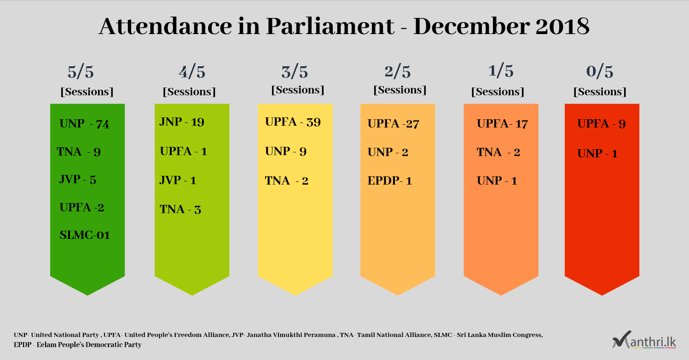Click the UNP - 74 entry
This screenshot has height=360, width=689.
pos(84,124)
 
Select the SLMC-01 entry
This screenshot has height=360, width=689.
pos(85,235)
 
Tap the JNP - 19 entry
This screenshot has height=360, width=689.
pos(182,122)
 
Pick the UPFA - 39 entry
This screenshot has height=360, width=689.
pos(293,122)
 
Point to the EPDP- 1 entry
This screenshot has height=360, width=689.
pos(389,180)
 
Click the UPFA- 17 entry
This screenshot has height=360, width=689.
pos(502,124)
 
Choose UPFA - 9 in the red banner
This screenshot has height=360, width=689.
pos(602,124)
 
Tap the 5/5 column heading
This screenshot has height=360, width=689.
pos(81,72)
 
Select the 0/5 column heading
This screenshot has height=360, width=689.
pos(600,71)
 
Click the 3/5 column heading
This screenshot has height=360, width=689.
pos(295,72)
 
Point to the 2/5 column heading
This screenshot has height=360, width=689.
pos(397,72)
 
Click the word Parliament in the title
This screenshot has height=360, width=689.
pos(330,26)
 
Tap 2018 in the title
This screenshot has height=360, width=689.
pos(562,26)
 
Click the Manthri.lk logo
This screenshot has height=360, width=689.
pos(644,340)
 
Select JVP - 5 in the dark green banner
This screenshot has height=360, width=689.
pos(77,180)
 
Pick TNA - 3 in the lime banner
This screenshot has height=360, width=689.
pos(180,209)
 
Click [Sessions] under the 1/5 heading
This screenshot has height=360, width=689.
pos(498,92)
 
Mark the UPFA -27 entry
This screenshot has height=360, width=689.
pos(394,124)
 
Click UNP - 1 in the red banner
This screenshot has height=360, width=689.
pos(597,154)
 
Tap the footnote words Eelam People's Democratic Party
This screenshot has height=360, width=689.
pos(89,345)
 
